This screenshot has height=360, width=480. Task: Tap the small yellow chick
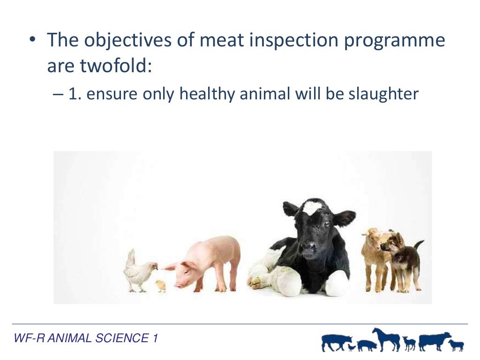(161, 285)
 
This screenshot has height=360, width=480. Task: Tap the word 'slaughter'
(383, 94)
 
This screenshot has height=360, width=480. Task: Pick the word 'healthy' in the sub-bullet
(208, 94)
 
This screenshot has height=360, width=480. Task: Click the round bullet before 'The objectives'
(32, 41)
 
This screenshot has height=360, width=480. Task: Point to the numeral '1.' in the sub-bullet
(75, 94)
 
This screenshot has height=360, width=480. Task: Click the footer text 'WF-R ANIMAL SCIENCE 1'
(86, 338)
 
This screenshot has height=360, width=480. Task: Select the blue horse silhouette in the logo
(387, 338)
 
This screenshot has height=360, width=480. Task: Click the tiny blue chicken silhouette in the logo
(352, 347)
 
